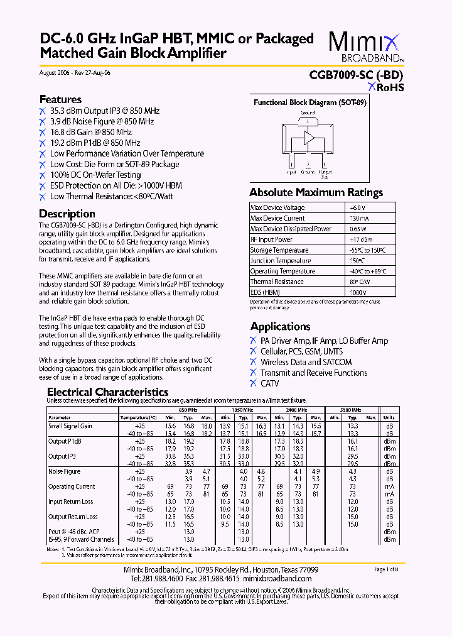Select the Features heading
click(x=60, y=99)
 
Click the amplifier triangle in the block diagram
click(x=309, y=138)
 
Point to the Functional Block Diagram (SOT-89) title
click(x=309, y=102)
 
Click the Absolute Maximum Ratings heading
click(x=316, y=192)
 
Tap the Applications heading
click(x=280, y=326)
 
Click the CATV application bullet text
click(x=270, y=383)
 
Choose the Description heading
click(x=67, y=214)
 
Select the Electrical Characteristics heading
click(x=108, y=392)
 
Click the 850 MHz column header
click(x=188, y=409)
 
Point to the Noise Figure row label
click(x=65, y=471)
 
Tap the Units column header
click(x=389, y=417)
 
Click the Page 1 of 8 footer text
click(x=385, y=569)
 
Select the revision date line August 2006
click(x=75, y=73)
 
